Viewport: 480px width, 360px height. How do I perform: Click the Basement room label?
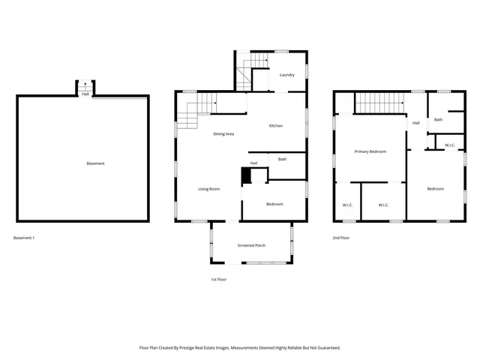[x=95, y=163]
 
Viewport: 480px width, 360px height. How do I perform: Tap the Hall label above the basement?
[x=85, y=94]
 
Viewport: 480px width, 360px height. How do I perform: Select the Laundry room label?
[x=286, y=75]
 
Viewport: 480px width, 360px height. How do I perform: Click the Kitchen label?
[x=276, y=125]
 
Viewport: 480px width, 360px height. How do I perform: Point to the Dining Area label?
[x=223, y=133]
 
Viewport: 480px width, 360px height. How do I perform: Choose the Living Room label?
[x=208, y=189]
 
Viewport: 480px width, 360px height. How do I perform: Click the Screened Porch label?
[x=251, y=245]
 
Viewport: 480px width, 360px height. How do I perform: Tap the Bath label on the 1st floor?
[x=282, y=159]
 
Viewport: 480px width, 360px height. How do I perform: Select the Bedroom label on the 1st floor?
[x=274, y=204]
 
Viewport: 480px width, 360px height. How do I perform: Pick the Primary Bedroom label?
[x=370, y=151]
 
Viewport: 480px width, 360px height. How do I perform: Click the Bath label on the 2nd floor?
[x=438, y=119]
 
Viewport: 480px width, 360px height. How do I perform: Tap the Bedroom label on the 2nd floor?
[x=436, y=189]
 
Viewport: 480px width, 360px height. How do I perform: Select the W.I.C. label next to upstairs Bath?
[x=450, y=145]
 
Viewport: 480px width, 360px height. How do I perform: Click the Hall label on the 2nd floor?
[x=415, y=123]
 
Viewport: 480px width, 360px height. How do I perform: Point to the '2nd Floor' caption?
[x=341, y=238]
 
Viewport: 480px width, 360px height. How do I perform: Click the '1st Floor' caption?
[x=218, y=279]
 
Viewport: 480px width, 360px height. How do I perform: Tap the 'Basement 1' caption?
[x=24, y=238]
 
